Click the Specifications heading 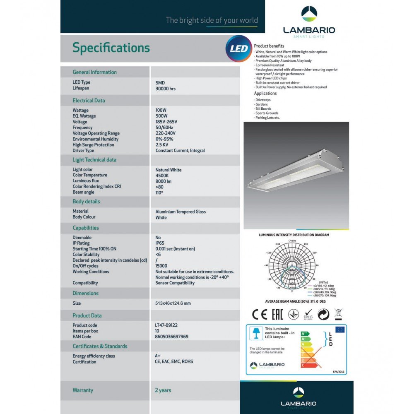coord(111,48)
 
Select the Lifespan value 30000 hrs coord(166,89)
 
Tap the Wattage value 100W coord(161,111)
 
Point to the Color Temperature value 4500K coord(163,176)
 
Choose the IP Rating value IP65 coord(160,243)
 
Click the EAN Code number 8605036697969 coord(171,337)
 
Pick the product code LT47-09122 coord(166,325)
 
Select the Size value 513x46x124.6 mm coord(173,303)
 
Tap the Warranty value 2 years coord(163,390)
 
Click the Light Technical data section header coord(94,160)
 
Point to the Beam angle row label coord(83,192)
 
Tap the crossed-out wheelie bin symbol coord(338,314)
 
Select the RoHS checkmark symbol coord(308,314)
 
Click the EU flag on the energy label coord(340,330)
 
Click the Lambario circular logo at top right coord(309,14)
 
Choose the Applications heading coord(265,94)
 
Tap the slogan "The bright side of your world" coord(212,20)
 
